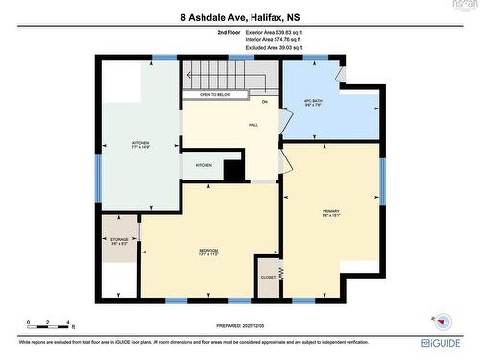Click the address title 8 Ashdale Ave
click(240, 17)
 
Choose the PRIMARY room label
click(331, 212)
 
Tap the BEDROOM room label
click(208, 252)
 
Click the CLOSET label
click(268, 277)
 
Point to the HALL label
click(253, 125)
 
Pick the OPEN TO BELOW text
click(215, 95)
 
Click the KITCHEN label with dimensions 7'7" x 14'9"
click(141, 146)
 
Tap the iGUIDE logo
click(441, 342)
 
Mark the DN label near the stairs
click(264, 100)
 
